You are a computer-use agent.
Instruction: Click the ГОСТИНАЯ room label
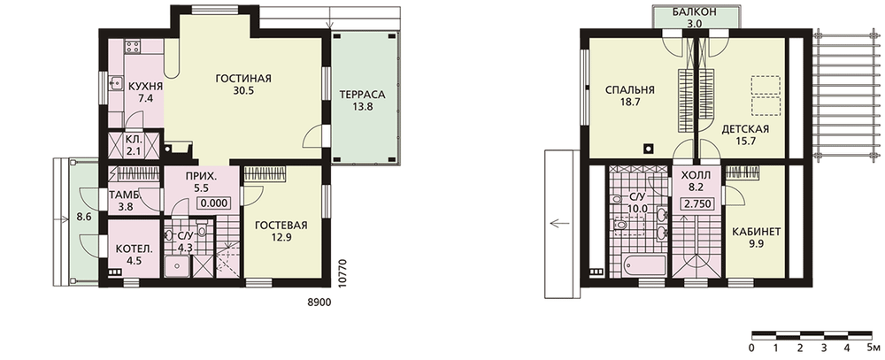243,79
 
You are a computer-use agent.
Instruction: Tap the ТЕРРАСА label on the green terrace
362,95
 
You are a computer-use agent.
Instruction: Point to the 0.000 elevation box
213,203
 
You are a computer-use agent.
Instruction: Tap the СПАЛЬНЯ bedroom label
629,89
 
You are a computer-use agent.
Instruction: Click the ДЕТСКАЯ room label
745,128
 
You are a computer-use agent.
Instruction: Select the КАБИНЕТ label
757,232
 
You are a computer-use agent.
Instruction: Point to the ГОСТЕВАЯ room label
281,226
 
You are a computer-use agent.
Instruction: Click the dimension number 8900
318,303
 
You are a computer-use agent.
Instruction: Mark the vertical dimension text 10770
340,274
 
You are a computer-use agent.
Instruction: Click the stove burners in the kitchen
134,46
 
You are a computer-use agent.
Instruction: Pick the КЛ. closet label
134,138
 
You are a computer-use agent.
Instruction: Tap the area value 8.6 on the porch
84,216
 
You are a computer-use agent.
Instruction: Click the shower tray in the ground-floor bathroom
179,266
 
